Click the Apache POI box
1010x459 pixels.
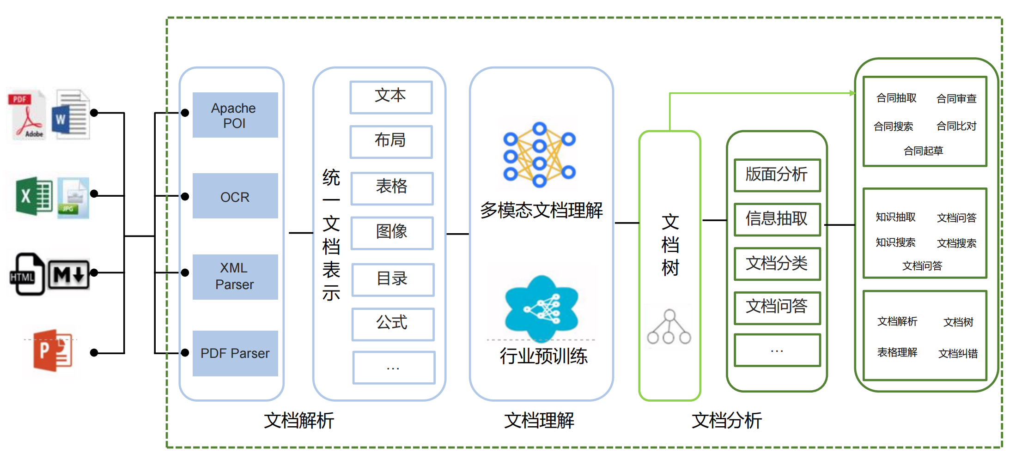coord(235,115)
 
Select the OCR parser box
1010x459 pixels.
coord(235,196)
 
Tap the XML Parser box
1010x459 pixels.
coord(235,277)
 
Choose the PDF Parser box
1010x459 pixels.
coord(235,353)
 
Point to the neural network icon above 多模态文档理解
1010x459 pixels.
coord(539,154)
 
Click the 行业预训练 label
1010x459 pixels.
coord(543,356)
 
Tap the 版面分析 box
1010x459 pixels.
coord(777,175)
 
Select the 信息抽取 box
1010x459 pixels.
coord(777,219)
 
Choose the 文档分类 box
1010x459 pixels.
coord(777,263)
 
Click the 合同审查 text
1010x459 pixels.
coord(956,99)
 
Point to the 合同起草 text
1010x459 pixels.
coord(923,151)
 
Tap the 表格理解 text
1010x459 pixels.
coord(897,353)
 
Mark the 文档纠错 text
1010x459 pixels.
coord(958,354)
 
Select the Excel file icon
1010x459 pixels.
coord(34,196)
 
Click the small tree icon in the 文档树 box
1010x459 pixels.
coord(669,327)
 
